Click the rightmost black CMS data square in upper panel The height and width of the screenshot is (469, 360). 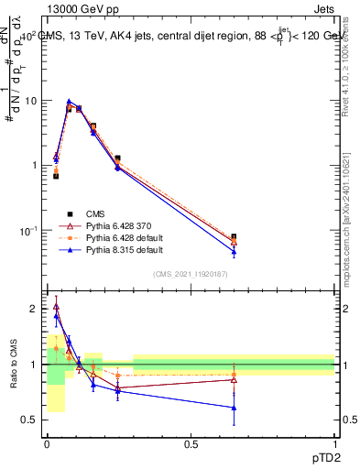tap(234, 236)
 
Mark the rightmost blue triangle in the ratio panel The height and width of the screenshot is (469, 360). tap(234, 408)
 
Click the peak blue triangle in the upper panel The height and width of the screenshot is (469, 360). tap(69, 102)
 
